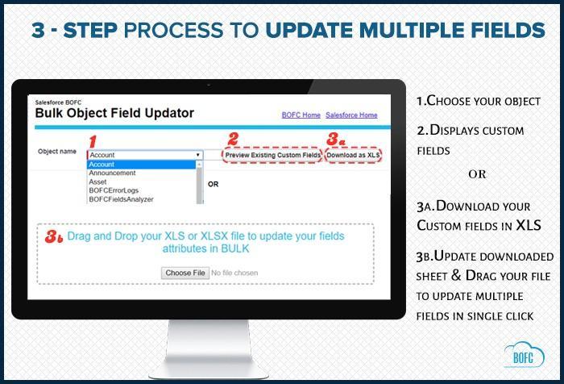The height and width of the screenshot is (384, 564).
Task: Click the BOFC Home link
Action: tap(301, 115)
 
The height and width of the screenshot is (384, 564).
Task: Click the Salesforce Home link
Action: tap(351, 115)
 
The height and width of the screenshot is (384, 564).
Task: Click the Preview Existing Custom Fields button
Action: tap(272, 155)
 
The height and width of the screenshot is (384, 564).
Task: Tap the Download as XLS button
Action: tap(353, 155)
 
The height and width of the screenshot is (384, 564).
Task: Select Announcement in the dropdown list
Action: tap(112, 173)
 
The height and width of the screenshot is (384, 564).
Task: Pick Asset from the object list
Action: tap(97, 182)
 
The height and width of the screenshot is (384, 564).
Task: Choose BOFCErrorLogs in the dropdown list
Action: tap(114, 190)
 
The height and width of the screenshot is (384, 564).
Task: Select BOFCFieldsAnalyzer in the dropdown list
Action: tap(121, 199)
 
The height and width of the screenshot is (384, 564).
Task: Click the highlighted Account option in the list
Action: tap(142, 165)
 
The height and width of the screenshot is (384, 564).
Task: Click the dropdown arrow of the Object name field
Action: tap(198, 155)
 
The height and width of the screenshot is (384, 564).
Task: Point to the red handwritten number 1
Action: tap(93, 141)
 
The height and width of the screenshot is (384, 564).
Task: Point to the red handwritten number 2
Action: tap(233, 139)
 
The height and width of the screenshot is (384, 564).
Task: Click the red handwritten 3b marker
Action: tap(54, 237)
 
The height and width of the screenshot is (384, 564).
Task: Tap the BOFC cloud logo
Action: tap(524, 355)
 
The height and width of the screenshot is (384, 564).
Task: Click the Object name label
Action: tap(57, 152)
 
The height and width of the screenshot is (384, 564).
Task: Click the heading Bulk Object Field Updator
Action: tap(114, 113)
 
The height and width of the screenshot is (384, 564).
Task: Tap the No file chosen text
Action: tap(234, 273)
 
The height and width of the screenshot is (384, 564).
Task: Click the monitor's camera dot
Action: tap(209, 85)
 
